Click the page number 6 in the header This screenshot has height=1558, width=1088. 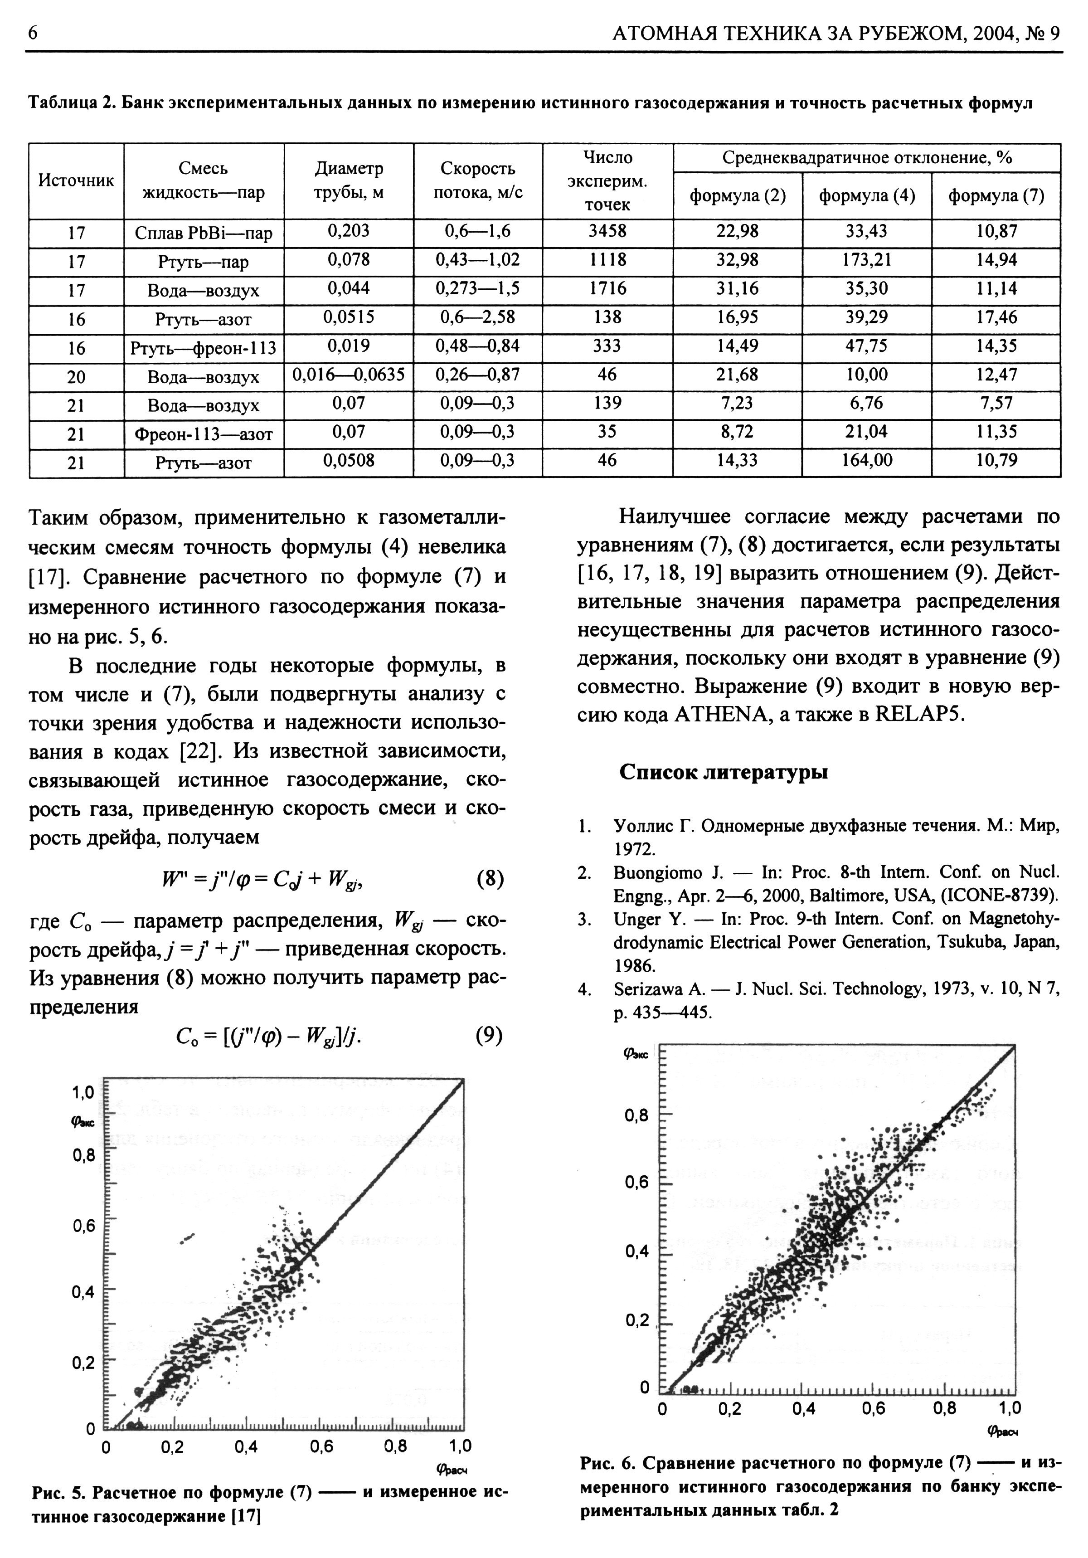pos(32,33)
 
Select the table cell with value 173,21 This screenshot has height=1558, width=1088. pos(866,261)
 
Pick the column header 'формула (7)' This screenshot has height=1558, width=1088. pos(996,196)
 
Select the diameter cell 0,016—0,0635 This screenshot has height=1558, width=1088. pos(349,375)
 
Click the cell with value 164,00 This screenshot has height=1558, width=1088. pos(866,461)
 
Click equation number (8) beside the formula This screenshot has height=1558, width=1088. pos(490,879)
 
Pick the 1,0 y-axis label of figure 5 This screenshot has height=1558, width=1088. pos(83,1092)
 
